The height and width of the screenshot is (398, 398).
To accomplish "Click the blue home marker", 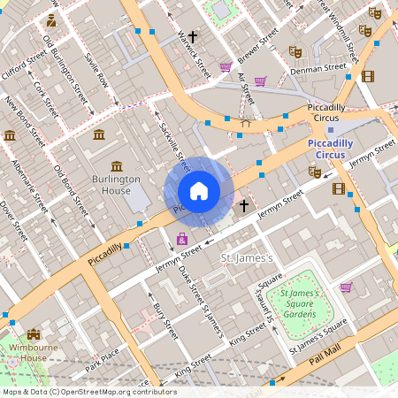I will tap(199, 191).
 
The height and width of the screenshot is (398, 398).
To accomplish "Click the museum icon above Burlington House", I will tap(117, 166).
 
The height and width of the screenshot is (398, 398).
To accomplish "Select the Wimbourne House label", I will tap(34, 352).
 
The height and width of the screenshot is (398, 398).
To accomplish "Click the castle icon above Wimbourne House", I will tap(34, 334).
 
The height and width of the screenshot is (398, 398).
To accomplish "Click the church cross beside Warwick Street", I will tap(193, 37).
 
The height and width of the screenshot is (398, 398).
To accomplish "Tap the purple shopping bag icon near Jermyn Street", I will tap(182, 239).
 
